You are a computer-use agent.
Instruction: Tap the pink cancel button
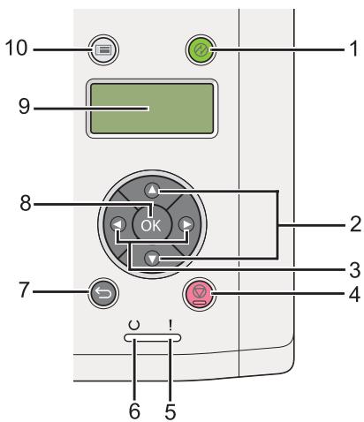click(200, 294)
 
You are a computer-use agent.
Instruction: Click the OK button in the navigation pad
click(151, 225)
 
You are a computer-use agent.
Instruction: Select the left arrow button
click(118, 224)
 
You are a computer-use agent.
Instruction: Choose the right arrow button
click(186, 224)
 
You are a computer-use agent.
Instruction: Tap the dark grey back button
click(103, 293)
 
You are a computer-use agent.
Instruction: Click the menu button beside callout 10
click(103, 49)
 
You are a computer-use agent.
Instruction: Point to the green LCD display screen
click(152, 109)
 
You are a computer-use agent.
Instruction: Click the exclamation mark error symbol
click(171, 325)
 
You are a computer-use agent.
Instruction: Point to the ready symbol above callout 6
click(134, 325)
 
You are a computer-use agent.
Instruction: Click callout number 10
click(17, 48)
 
